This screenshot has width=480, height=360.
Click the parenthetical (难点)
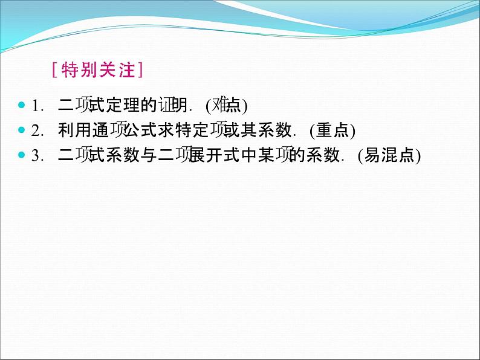(x=227, y=106)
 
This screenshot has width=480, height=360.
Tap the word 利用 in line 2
(x=73, y=130)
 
